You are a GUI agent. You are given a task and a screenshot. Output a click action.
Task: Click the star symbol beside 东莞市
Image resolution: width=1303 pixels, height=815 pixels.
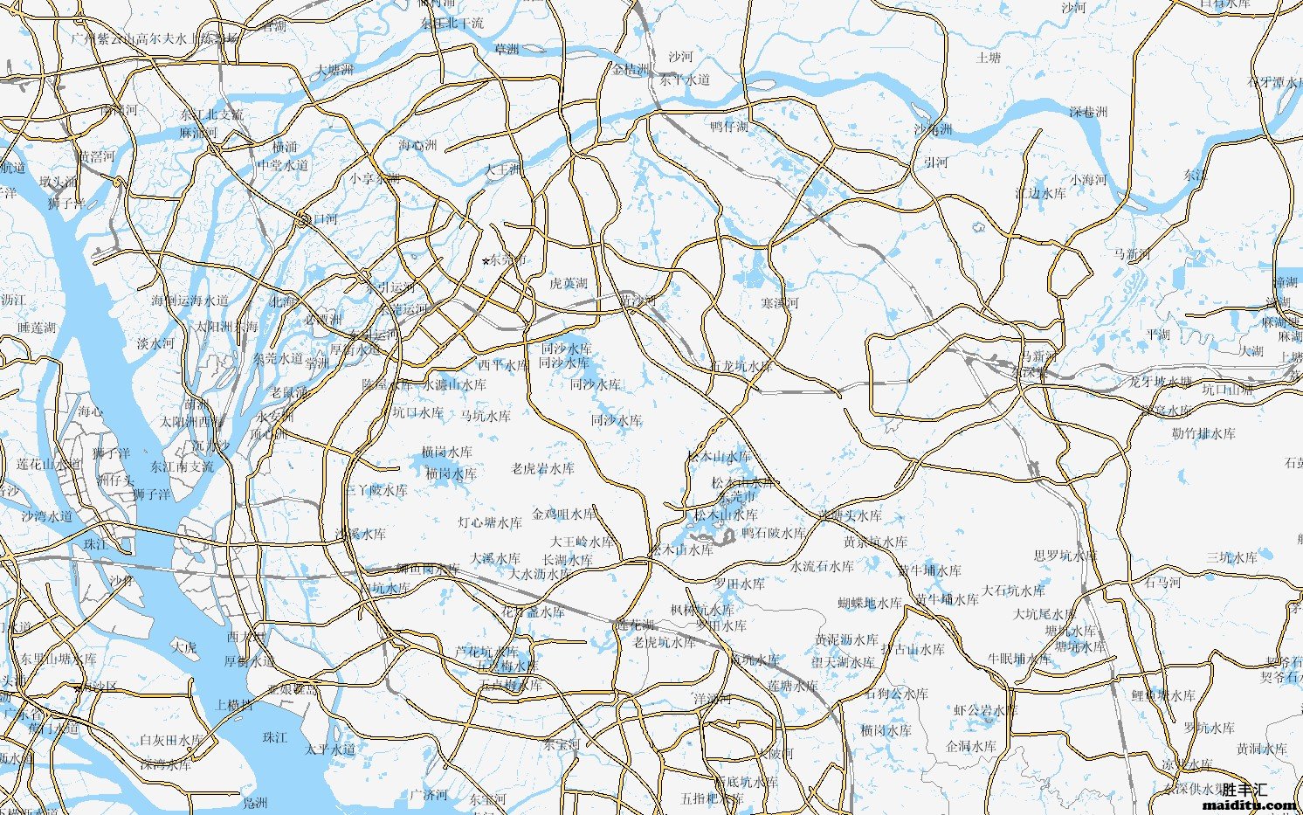[486, 261]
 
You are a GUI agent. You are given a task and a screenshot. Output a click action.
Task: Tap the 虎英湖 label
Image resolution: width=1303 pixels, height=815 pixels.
[569, 283]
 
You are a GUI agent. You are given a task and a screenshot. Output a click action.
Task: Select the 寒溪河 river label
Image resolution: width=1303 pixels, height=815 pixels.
[779, 302]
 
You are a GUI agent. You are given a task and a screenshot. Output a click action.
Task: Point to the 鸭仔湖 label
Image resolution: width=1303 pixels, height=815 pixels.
[728, 127]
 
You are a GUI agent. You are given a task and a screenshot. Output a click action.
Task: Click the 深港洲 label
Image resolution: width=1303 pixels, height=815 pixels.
[1088, 112]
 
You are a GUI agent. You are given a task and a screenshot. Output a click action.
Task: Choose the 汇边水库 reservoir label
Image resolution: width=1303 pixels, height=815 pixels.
[1040, 193]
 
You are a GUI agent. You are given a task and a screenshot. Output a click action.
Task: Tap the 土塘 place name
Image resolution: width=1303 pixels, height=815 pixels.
[988, 58]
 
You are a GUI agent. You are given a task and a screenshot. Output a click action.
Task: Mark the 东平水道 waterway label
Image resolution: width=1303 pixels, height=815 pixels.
[685, 79]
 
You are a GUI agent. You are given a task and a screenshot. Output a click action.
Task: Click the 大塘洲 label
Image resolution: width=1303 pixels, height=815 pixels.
[334, 69]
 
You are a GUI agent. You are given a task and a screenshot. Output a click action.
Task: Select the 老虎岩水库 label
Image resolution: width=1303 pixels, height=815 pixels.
[542, 468]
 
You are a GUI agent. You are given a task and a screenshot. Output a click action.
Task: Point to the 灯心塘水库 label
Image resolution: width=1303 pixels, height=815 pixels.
[490, 522]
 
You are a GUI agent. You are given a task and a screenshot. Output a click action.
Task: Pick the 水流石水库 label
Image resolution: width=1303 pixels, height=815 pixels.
[822, 566]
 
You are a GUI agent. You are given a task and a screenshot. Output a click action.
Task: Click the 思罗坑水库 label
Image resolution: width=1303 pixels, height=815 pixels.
[1065, 556]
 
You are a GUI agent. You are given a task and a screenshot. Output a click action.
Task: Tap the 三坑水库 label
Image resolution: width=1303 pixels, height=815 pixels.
[1231, 556]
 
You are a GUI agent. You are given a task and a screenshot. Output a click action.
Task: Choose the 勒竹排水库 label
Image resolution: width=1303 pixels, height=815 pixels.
[1203, 433]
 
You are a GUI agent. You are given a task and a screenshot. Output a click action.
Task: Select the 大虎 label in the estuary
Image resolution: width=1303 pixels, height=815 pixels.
[184, 647]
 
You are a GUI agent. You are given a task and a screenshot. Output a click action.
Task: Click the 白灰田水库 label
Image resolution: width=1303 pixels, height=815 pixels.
[170, 740]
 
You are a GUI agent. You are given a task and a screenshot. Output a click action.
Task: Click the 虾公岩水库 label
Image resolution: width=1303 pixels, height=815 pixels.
[985, 710]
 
